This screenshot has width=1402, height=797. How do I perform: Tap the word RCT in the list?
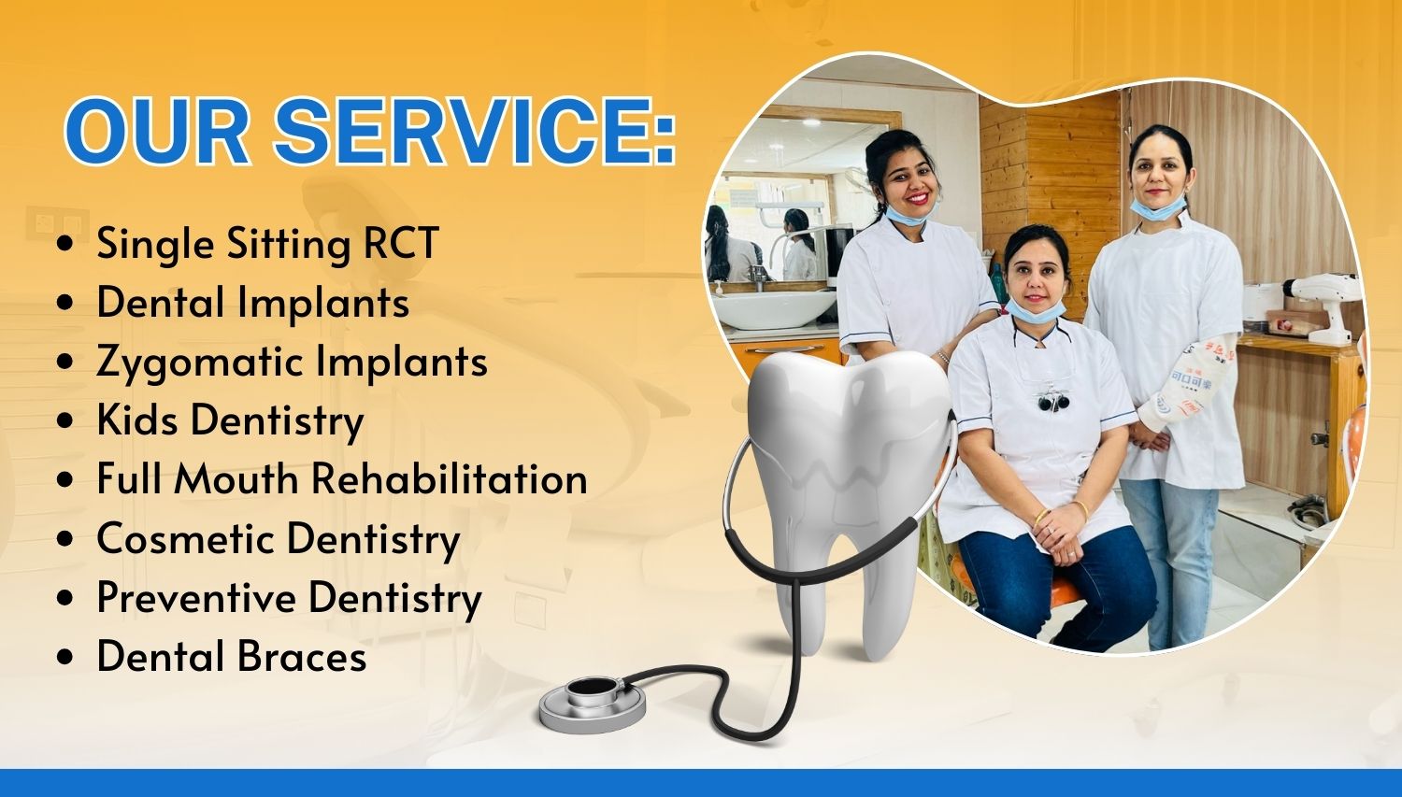click(401, 243)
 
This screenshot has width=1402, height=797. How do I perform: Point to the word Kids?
click(137, 420)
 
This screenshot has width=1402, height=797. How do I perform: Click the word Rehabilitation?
click(450, 478)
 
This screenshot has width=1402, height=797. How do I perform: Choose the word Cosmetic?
click(186, 538)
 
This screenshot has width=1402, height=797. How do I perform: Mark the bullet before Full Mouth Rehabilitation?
click(64, 480)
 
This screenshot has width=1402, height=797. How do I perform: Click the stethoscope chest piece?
click(593, 705)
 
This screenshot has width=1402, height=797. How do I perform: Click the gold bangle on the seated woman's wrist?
click(1039, 517)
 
